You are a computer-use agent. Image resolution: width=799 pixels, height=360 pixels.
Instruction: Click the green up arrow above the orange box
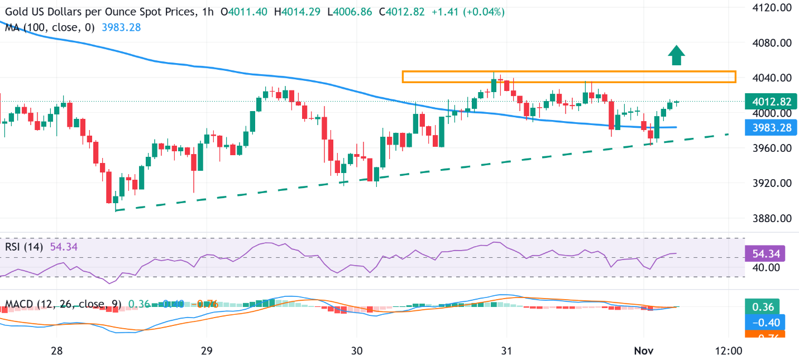coord(677,55)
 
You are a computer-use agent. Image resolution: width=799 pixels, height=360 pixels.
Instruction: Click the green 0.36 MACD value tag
coord(762,307)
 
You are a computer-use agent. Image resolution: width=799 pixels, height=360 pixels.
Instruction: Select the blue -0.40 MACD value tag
coord(764,321)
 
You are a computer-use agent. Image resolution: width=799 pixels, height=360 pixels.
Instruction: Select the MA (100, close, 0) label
coord(50,26)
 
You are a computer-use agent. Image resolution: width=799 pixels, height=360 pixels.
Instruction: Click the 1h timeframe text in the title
coord(208,12)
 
